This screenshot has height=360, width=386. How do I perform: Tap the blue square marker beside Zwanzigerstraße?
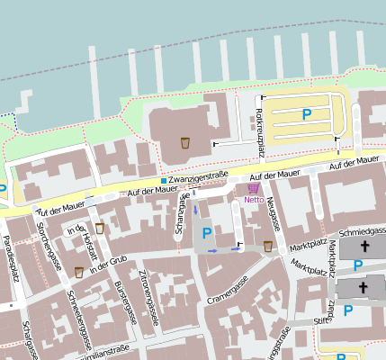click(x=163, y=181)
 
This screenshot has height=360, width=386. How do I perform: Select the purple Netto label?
click(x=254, y=200)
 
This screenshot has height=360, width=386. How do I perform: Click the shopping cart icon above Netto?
click(x=253, y=189)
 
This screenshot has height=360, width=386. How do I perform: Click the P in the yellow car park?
click(x=306, y=114)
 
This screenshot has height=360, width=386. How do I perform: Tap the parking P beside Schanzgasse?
click(x=208, y=233)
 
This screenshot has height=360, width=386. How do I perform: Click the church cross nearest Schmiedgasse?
click(x=364, y=246)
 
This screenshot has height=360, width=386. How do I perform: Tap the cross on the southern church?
click(x=364, y=288)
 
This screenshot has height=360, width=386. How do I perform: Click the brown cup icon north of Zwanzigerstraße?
click(x=184, y=142)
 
